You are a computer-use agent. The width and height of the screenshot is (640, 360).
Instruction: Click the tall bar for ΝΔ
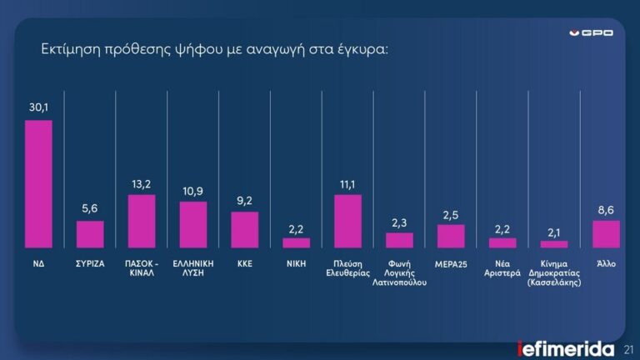(x=39, y=184)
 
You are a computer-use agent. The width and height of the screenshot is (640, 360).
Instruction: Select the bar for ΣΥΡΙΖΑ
(x=91, y=234)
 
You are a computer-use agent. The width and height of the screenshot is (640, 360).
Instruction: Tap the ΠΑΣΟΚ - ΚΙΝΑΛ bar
(x=142, y=221)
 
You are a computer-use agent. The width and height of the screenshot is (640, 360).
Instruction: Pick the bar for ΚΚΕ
(x=245, y=229)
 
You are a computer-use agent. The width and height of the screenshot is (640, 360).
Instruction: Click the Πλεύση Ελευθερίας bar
(x=347, y=221)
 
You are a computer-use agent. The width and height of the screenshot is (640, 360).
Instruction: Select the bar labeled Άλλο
(x=606, y=234)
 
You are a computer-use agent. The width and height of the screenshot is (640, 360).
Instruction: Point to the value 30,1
(x=39, y=107)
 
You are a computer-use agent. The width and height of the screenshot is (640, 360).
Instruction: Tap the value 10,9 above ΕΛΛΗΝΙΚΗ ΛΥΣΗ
(x=193, y=189)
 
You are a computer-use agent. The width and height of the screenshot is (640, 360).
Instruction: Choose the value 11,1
(x=347, y=182)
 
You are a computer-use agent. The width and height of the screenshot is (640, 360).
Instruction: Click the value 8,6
(x=606, y=207)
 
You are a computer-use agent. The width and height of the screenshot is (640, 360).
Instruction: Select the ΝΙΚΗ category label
(x=296, y=262)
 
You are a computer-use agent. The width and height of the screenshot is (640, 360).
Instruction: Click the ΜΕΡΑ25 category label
(x=451, y=262)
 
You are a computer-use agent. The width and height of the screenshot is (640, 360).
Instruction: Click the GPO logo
(x=597, y=32)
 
